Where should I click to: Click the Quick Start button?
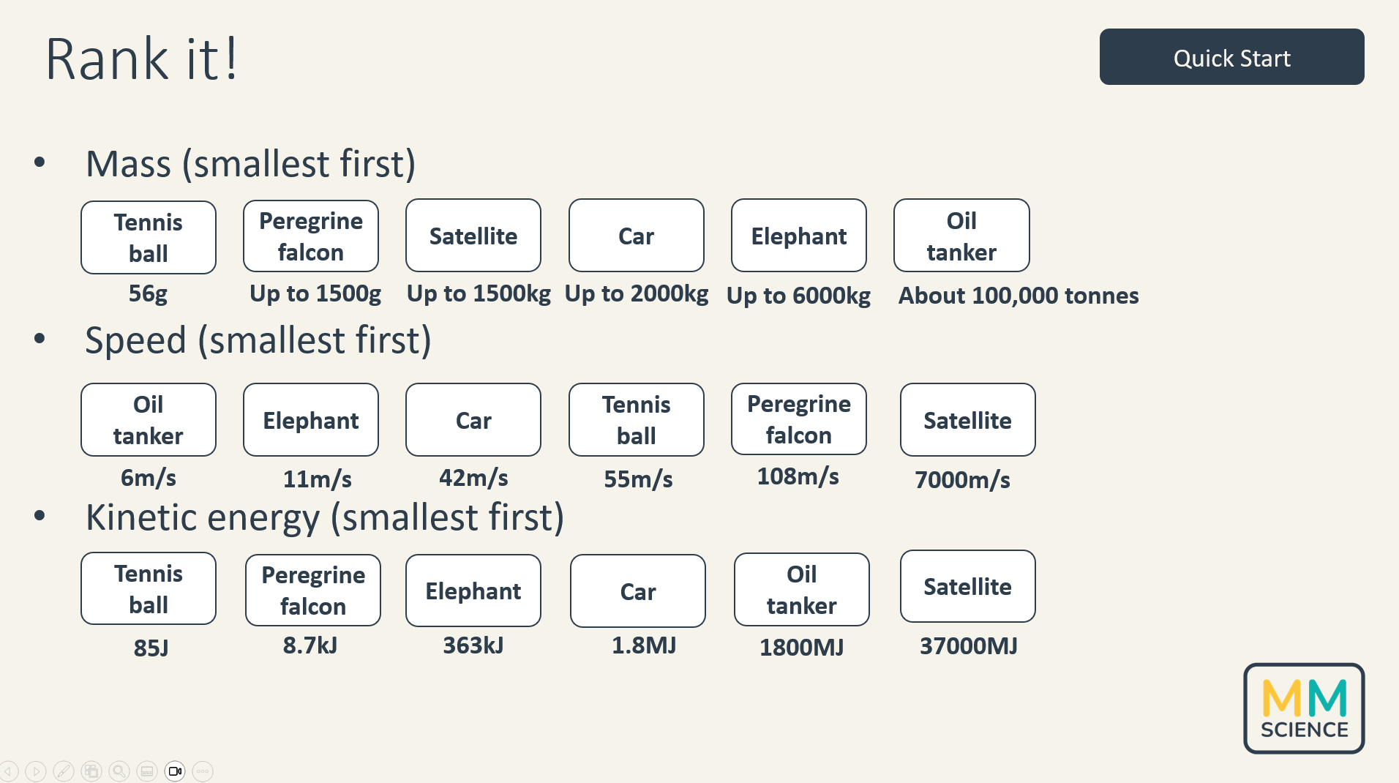1231,57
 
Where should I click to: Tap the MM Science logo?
1304,708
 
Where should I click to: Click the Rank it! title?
142,59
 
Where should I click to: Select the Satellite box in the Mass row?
473,236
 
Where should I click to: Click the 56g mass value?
148,293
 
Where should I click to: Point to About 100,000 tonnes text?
1019,296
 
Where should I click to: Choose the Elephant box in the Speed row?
311,420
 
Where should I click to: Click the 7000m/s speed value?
962,480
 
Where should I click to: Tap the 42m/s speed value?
473,478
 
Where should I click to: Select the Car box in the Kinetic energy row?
638,591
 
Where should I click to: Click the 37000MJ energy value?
968,646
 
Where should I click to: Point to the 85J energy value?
151,648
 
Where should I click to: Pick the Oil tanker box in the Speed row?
149,420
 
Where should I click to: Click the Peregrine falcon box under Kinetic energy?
313,591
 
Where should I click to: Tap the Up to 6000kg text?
798,296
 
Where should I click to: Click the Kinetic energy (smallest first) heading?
325,517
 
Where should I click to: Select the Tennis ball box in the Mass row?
149,238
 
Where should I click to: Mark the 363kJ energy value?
473,645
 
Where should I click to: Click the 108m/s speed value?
798,476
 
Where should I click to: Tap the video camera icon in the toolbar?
175,771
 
